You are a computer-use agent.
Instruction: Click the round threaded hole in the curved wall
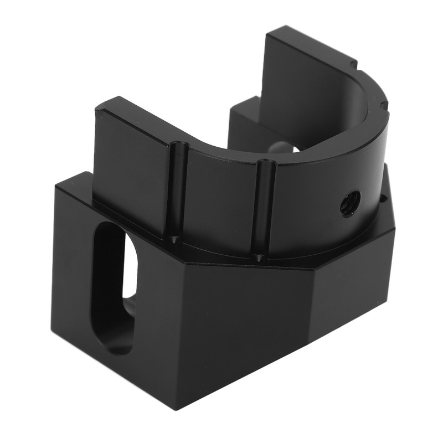click(x=350, y=203)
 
